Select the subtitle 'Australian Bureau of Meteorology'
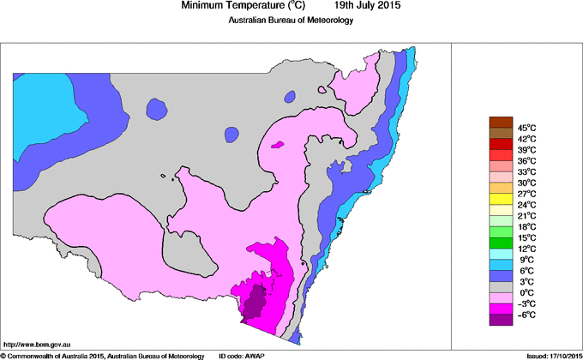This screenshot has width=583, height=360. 291,21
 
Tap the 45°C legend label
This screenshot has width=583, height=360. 526,128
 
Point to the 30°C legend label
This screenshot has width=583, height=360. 526,183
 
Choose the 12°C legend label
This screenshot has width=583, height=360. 526,249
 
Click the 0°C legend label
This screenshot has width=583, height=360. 526,292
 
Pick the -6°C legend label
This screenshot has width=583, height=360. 526,315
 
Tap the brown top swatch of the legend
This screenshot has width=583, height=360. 500,122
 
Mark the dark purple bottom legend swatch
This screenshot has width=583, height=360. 500,320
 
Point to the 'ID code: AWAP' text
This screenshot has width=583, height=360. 242,355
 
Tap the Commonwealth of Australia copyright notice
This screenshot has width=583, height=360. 103,355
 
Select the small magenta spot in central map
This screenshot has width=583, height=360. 276,145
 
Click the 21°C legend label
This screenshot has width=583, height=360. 526,215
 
